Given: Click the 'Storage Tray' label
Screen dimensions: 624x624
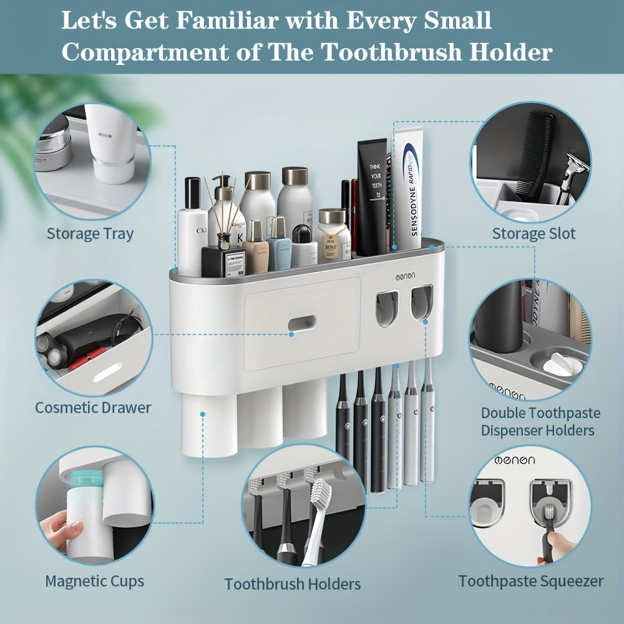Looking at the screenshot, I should (90, 234).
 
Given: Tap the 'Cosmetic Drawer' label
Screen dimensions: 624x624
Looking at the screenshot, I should (93, 407).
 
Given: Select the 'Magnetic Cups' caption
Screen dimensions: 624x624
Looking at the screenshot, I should (94, 581).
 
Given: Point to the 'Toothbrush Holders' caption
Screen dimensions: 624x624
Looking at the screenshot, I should (293, 584).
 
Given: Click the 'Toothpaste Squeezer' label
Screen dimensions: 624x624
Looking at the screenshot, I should (531, 581).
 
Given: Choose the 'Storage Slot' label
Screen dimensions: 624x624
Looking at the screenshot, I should (534, 234).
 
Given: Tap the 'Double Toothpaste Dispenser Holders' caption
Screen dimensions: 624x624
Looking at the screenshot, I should (540, 421).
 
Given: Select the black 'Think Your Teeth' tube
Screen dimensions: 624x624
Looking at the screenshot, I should (372, 197).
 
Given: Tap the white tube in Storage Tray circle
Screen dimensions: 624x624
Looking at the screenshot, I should (112, 144).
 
